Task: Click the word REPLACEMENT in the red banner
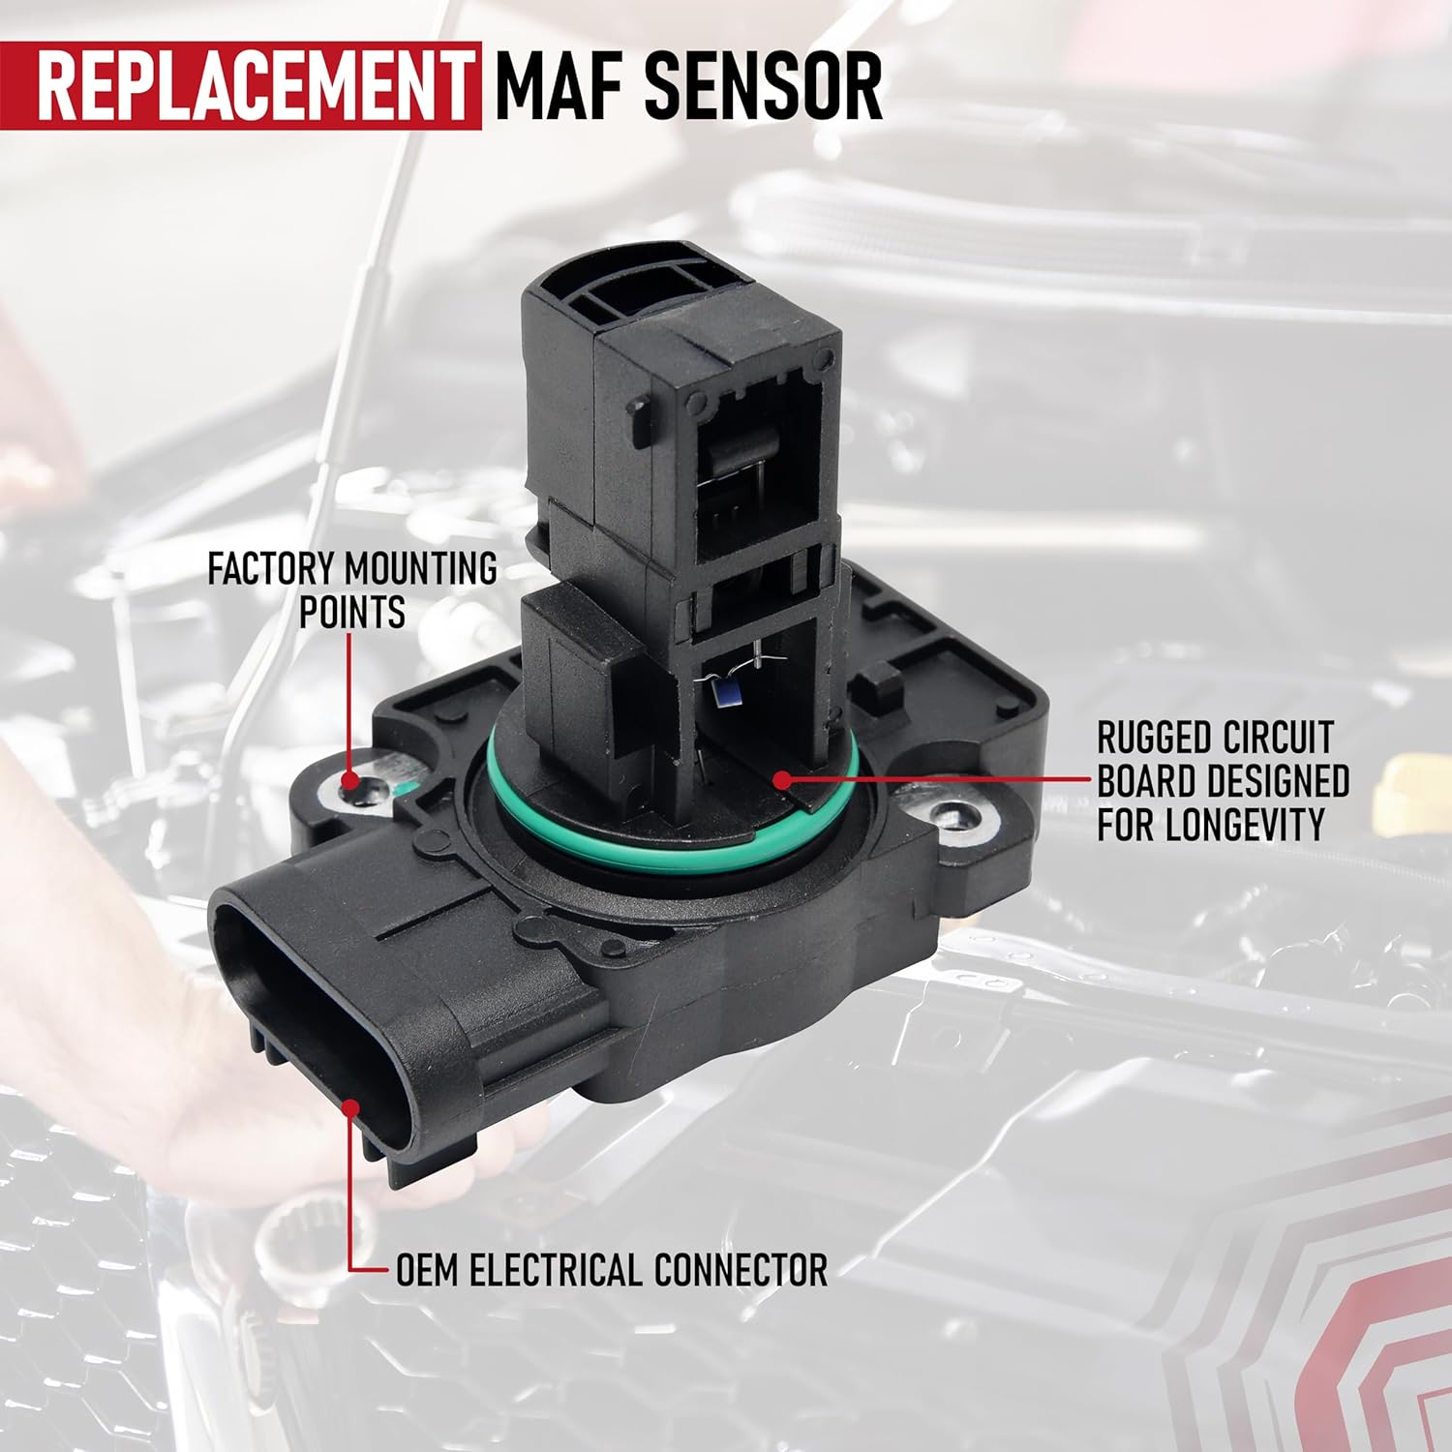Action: point(254,87)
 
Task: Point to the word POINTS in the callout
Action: point(351,613)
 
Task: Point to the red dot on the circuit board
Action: point(780,777)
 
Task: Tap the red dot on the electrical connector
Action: point(350,1106)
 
